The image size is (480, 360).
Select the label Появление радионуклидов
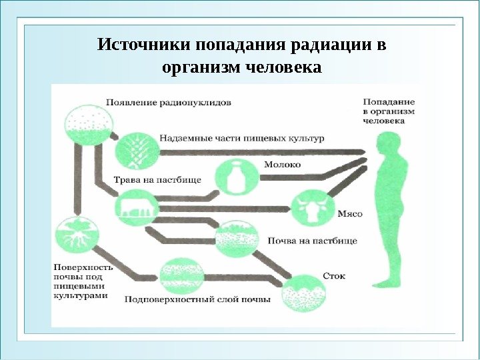pos(168,103)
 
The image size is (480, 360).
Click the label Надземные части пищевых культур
pos(241,139)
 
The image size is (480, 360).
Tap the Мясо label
pos(349,213)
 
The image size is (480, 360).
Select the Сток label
pos(333,275)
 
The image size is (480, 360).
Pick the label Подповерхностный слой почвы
pos(198,299)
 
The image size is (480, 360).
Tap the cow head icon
pos(310,209)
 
